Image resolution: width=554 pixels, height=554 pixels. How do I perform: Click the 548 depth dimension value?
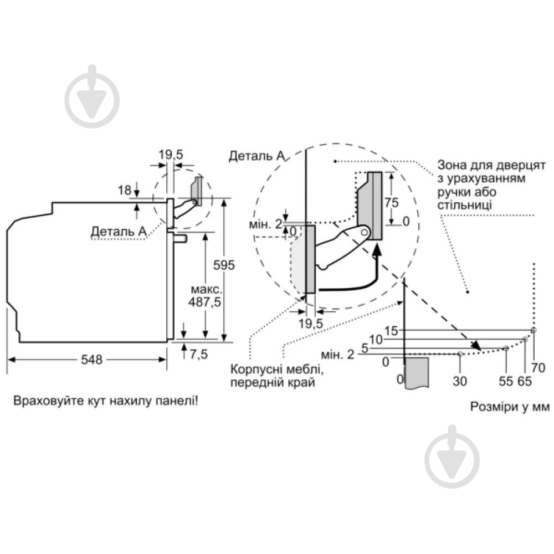[x=92, y=360]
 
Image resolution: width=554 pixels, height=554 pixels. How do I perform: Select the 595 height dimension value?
[x=224, y=265]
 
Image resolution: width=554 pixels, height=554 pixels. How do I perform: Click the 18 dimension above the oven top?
[x=124, y=190]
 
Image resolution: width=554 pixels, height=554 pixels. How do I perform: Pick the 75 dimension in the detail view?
[x=392, y=202]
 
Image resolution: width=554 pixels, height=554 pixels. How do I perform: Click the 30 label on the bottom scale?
[x=460, y=381]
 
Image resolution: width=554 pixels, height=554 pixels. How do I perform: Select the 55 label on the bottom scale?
[x=506, y=381]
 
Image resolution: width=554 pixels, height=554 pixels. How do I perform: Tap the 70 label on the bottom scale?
[x=538, y=367]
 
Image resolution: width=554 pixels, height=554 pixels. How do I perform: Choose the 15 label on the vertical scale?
[x=392, y=331]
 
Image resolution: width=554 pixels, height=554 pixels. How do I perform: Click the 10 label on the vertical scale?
[x=377, y=339]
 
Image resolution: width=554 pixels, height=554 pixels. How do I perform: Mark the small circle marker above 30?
[x=460, y=353]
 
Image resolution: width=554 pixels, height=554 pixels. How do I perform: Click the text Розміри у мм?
[x=509, y=407]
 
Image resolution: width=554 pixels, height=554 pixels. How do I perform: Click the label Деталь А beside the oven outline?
[x=119, y=231]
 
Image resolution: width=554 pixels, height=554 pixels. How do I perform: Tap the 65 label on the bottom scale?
[x=524, y=381]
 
